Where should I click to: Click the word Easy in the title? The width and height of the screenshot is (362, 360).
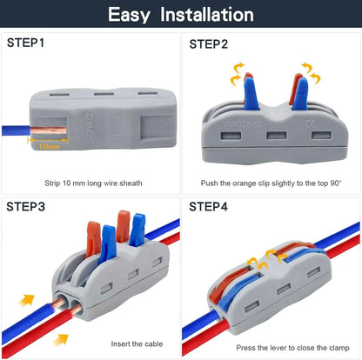coord(133,15)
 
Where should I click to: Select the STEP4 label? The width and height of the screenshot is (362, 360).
coord(209,206)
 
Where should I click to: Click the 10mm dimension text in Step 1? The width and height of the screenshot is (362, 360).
coord(50,147)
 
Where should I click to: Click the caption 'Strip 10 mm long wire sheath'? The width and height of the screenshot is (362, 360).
coord(93,183)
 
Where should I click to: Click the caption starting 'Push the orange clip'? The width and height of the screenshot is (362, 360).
coord(271,183)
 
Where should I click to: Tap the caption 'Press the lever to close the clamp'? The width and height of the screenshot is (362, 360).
coord(271,347)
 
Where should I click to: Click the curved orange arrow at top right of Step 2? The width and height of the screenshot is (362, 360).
coord(311,71)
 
